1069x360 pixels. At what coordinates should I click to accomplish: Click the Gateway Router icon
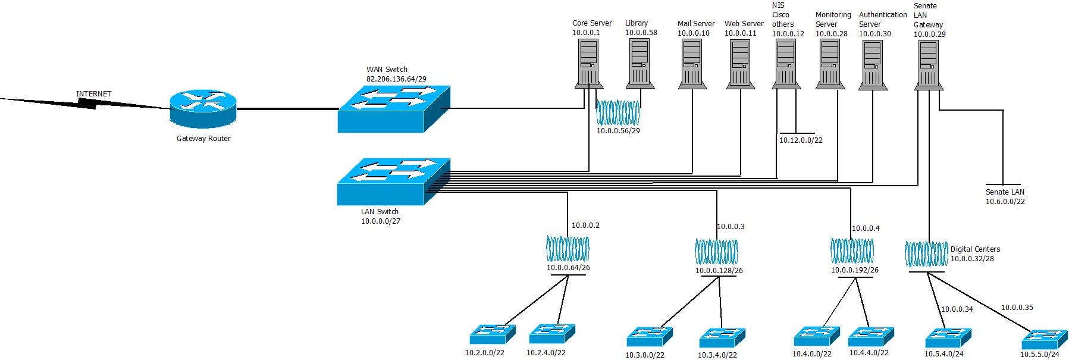click(202, 108)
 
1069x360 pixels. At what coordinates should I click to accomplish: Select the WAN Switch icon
click(393, 109)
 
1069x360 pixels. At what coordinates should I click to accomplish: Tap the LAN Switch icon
click(393, 181)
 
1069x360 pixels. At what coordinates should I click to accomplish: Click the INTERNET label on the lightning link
click(93, 94)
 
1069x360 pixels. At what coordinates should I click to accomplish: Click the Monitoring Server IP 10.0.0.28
click(831, 34)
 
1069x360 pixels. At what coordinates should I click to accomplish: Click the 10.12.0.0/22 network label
click(801, 140)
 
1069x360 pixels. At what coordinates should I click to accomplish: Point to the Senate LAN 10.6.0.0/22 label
click(1005, 197)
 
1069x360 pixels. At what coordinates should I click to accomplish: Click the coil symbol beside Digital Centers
click(926, 254)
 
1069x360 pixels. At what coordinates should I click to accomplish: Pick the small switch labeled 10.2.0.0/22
click(491, 334)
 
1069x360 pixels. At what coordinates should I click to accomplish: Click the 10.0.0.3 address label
click(731, 227)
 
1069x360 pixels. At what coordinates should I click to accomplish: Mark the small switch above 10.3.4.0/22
click(722, 337)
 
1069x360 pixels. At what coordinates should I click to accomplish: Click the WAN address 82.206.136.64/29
click(396, 79)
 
